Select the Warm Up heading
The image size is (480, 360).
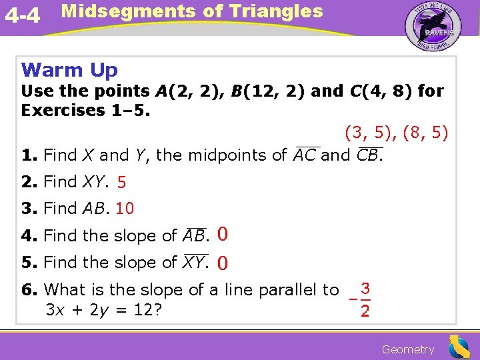69,70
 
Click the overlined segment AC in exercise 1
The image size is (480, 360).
305,156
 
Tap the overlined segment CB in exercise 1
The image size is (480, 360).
369,156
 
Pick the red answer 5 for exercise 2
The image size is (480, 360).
121,182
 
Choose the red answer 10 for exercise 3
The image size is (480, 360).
125,209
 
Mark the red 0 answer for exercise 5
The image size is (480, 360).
223,263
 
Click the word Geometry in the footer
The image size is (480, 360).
408,349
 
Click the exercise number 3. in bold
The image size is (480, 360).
29,209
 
